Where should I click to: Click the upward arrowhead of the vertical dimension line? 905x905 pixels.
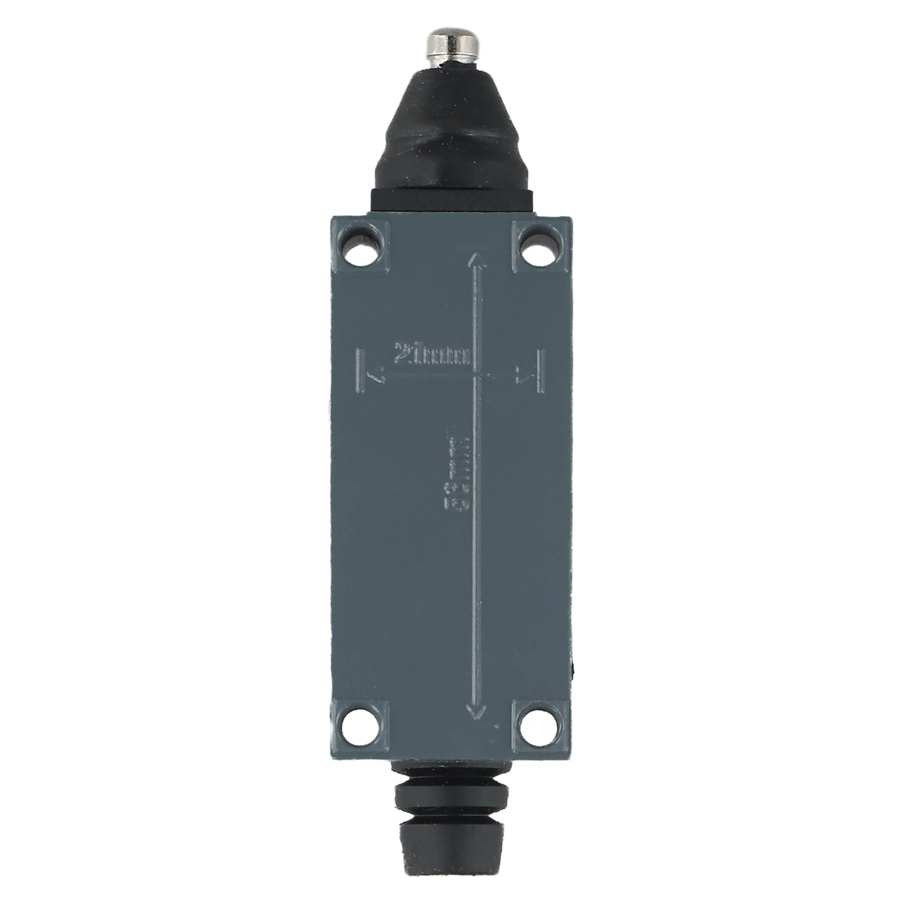click(x=476, y=261)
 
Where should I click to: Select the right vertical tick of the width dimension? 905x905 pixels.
click(x=541, y=370)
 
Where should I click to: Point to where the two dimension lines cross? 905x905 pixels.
click(x=476, y=376)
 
